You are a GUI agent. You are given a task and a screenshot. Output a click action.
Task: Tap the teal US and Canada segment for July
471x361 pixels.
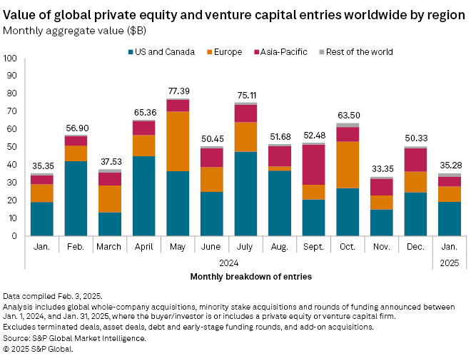[x=245, y=193]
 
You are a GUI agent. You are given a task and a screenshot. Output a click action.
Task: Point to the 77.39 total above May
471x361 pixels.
[x=178, y=91]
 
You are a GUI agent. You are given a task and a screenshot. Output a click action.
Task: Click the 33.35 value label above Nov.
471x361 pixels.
[x=381, y=169]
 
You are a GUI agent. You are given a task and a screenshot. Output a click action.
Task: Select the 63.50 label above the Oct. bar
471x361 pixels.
[x=348, y=116]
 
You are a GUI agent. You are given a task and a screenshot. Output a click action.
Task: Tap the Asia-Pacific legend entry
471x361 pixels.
[x=284, y=52]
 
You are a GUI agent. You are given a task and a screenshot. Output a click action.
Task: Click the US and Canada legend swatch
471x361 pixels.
[x=132, y=52]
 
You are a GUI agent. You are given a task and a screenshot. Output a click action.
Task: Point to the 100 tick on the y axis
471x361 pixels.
[x=12, y=59]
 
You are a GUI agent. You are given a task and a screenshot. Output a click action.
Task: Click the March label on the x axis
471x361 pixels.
[x=110, y=246]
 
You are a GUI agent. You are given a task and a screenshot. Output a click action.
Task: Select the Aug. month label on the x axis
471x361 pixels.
[x=279, y=246]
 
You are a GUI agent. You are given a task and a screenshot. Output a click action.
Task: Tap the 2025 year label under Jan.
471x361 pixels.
[x=449, y=263]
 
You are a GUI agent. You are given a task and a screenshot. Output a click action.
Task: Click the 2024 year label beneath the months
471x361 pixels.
[x=228, y=263]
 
